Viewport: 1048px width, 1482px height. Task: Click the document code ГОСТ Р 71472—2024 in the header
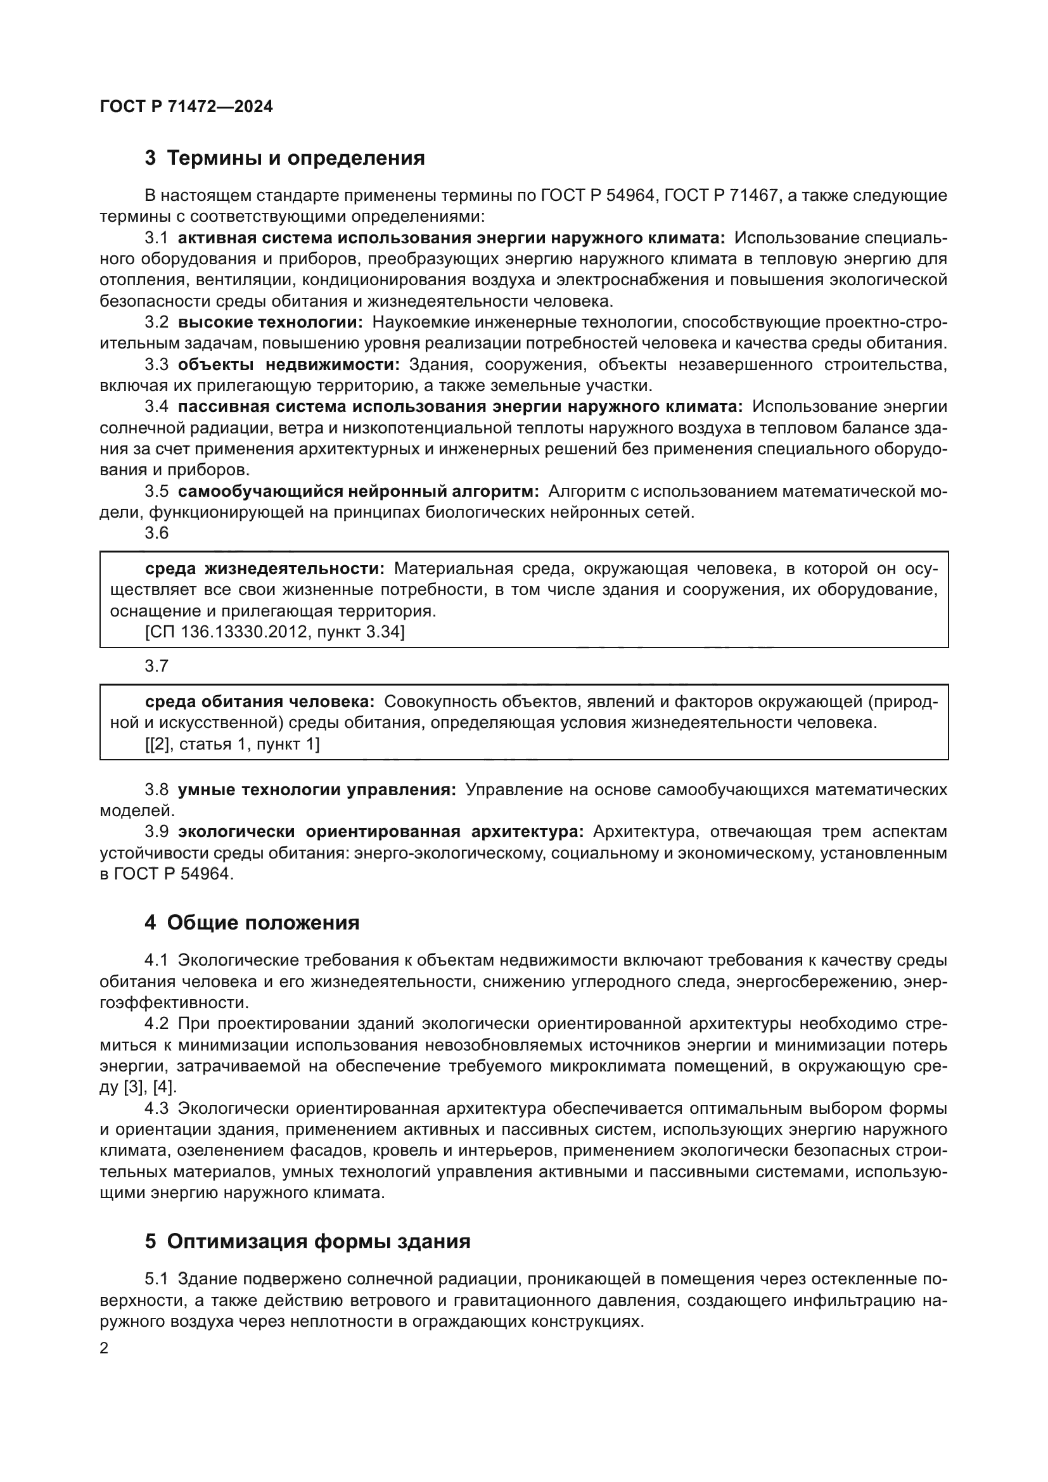tap(186, 107)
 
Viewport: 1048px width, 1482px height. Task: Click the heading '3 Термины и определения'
tap(284, 158)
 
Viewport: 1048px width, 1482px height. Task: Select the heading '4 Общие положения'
tap(252, 923)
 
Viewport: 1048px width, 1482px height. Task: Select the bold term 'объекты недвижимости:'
tap(288, 365)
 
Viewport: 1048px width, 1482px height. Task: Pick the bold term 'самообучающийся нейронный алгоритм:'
tap(358, 491)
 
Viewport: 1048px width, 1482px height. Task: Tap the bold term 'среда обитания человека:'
tap(259, 701)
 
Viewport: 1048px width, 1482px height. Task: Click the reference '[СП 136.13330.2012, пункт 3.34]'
tap(275, 632)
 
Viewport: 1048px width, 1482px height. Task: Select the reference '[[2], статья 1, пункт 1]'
tap(233, 744)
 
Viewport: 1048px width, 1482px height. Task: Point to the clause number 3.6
tap(157, 533)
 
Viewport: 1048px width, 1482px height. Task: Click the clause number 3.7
tap(157, 666)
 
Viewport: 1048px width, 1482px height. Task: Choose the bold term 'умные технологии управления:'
tap(317, 789)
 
